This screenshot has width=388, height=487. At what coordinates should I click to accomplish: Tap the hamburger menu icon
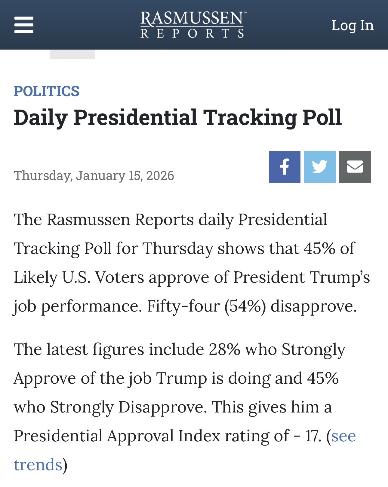point(24,25)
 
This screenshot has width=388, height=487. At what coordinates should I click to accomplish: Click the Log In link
point(353,26)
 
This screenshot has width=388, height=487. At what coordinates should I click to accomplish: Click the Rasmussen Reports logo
point(192,25)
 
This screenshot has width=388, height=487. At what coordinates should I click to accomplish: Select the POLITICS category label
point(47,91)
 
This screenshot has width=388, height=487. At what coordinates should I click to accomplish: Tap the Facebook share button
point(285,167)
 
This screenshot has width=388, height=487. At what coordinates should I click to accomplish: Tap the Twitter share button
point(320,167)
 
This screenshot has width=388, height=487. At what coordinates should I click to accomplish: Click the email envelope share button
point(355,167)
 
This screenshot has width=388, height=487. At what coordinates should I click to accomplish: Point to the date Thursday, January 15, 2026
point(94,175)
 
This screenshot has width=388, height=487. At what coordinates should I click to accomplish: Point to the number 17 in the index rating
point(313,436)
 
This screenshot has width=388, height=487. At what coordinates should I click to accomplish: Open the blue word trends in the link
point(38,465)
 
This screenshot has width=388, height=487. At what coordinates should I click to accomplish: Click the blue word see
point(343,436)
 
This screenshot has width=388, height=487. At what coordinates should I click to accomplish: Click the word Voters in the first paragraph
point(120,277)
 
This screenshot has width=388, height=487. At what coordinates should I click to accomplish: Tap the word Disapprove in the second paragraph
point(162,407)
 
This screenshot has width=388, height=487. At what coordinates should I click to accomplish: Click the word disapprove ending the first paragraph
point(313,306)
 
